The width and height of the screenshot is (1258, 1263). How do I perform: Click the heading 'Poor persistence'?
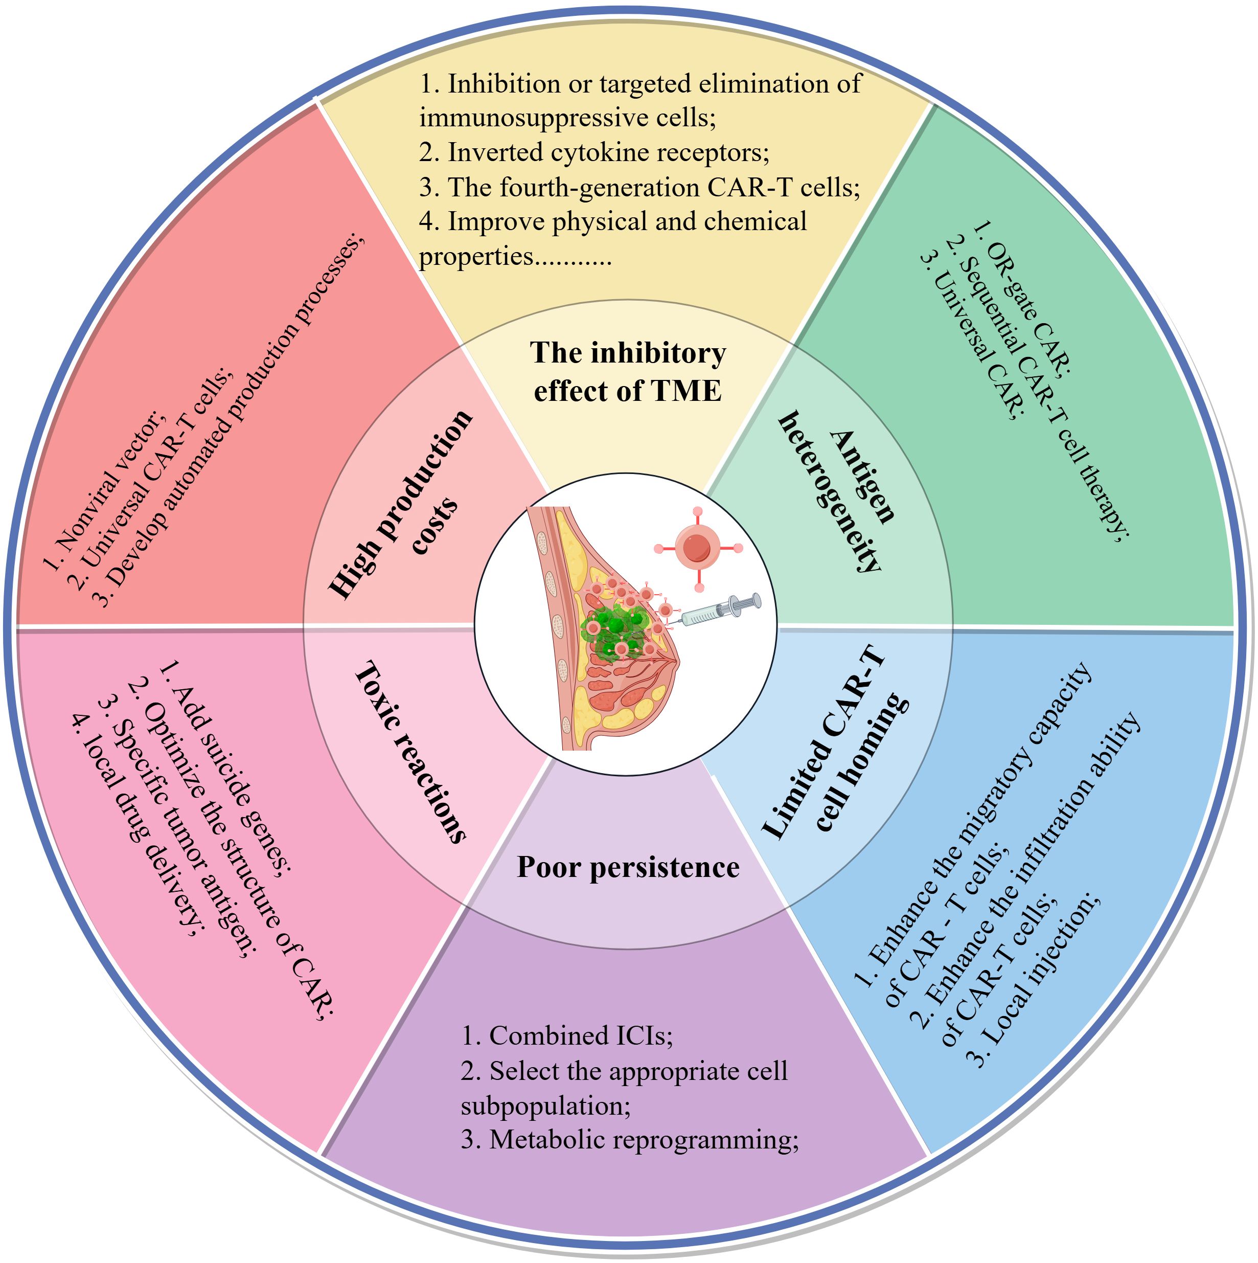click(x=628, y=868)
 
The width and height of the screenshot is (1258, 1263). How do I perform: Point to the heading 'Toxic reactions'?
click(x=410, y=752)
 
